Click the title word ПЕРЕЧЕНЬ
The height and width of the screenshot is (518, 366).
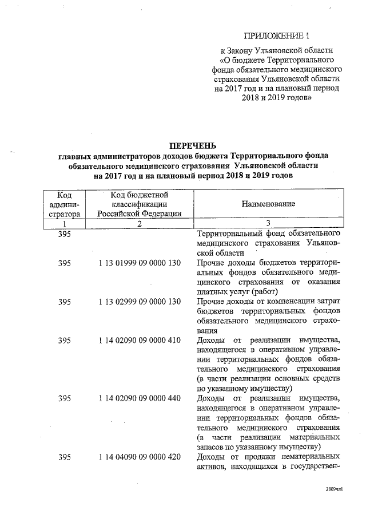point(193,145)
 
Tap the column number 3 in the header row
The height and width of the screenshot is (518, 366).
point(268,224)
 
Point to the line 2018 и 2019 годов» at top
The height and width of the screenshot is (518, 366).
point(277,98)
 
